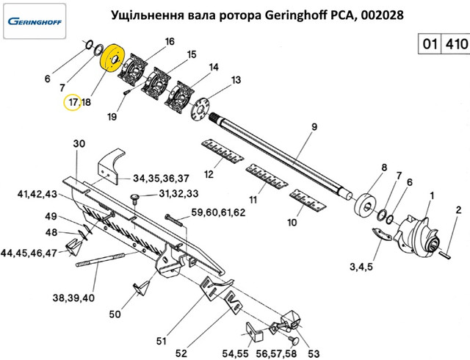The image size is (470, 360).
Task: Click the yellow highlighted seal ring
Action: pyautogui.click(x=113, y=58)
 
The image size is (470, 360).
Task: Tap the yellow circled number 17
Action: pyautogui.click(x=72, y=103)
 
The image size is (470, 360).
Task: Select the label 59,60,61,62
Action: pyautogui.click(x=218, y=212)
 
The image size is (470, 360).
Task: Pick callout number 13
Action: pyautogui.click(x=236, y=79)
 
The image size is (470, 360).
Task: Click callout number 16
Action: pyautogui.click(x=170, y=41)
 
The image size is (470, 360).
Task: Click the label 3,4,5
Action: pyautogui.click(x=362, y=266)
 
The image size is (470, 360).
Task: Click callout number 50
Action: pyautogui.click(x=115, y=314)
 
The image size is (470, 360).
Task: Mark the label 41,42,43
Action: pyautogui.click(x=37, y=194)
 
